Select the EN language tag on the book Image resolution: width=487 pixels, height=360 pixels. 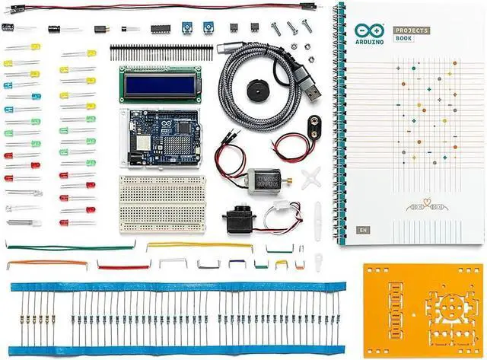click(363, 229)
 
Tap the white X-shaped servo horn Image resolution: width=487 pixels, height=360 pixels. click(310, 180)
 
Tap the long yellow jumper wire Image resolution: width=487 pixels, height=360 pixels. click(198, 245)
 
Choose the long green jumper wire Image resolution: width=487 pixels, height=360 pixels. click(72, 247)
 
